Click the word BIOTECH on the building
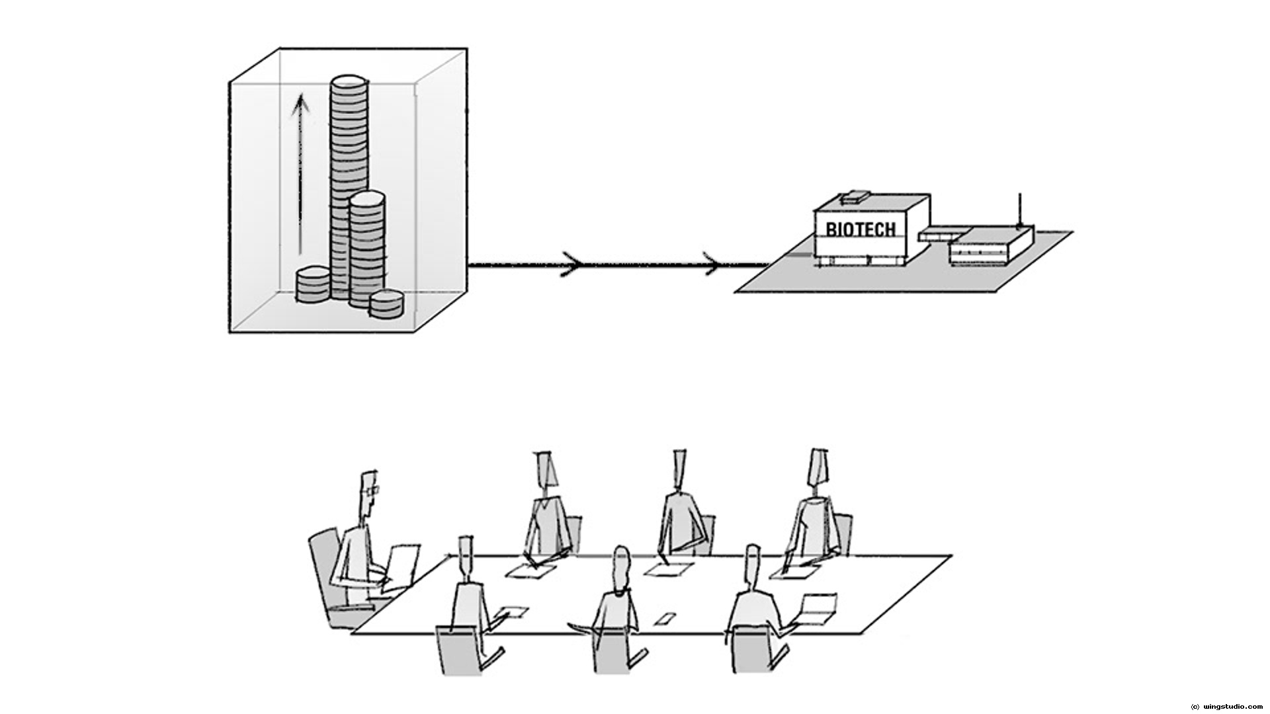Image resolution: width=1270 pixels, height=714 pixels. [x=861, y=229]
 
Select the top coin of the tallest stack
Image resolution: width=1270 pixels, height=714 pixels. [x=349, y=84]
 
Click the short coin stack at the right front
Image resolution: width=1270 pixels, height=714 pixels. [x=386, y=303]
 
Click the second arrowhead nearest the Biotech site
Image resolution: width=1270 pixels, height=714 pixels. [x=713, y=265]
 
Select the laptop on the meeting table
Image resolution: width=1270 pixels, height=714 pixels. [x=817, y=608]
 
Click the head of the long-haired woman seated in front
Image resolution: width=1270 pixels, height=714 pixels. [x=620, y=568]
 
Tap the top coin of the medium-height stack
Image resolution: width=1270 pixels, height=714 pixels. [x=366, y=198]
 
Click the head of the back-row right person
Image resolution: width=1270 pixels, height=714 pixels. [x=818, y=467]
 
